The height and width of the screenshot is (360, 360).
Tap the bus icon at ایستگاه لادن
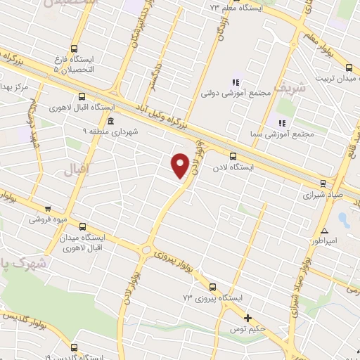[x=233, y=157]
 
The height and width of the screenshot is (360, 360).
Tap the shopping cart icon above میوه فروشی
[x=48, y=208]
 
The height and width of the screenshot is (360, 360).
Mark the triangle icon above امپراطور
[x=324, y=230]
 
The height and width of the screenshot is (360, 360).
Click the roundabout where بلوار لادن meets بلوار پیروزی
[x=146, y=250]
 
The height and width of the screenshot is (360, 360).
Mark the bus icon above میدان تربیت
[x=349, y=68]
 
